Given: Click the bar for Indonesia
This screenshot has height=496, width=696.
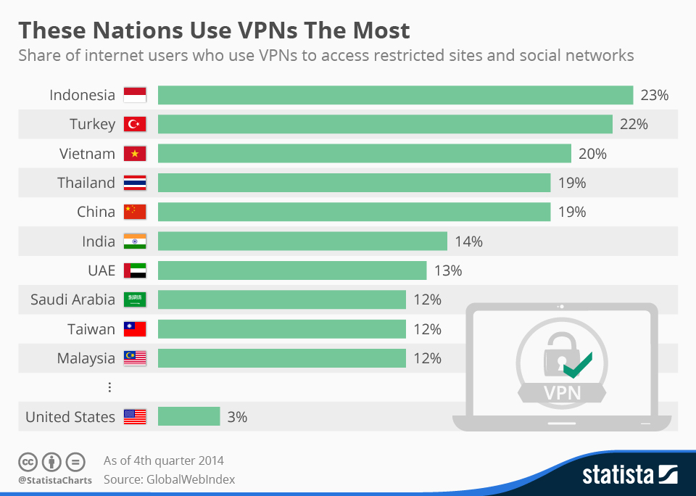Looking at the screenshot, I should (x=395, y=95).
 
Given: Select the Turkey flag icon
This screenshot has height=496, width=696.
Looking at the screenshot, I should (x=135, y=124).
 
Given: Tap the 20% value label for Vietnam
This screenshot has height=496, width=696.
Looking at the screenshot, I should (x=592, y=154).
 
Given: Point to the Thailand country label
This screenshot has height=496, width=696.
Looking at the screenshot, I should (x=86, y=183).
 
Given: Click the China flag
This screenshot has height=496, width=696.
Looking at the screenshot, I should (x=135, y=212).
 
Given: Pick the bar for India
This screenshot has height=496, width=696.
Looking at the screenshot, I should (x=302, y=241).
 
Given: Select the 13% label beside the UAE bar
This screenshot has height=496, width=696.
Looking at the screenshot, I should (x=448, y=270).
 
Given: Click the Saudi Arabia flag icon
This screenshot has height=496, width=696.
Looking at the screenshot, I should (x=135, y=299).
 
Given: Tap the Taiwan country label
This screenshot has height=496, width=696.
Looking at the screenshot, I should (x=91, y=329).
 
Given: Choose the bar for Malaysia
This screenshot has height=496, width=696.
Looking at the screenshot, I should (x=281, y=358).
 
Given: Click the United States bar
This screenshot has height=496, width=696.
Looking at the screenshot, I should (x=188, y=416).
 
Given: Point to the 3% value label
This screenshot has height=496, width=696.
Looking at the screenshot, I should (x=236, y=417).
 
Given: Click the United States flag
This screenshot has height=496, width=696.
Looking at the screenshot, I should (x=135, y=416).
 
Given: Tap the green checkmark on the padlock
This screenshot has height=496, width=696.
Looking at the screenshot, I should (x=578, y=365).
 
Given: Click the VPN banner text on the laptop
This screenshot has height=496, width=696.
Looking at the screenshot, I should (x=563, y=394).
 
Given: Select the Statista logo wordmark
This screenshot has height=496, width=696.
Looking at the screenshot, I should (x=618, y=475).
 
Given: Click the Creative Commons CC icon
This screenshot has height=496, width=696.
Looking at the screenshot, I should (x=28, y=461).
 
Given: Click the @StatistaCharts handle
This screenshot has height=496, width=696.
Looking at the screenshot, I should (x=55, y=480).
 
